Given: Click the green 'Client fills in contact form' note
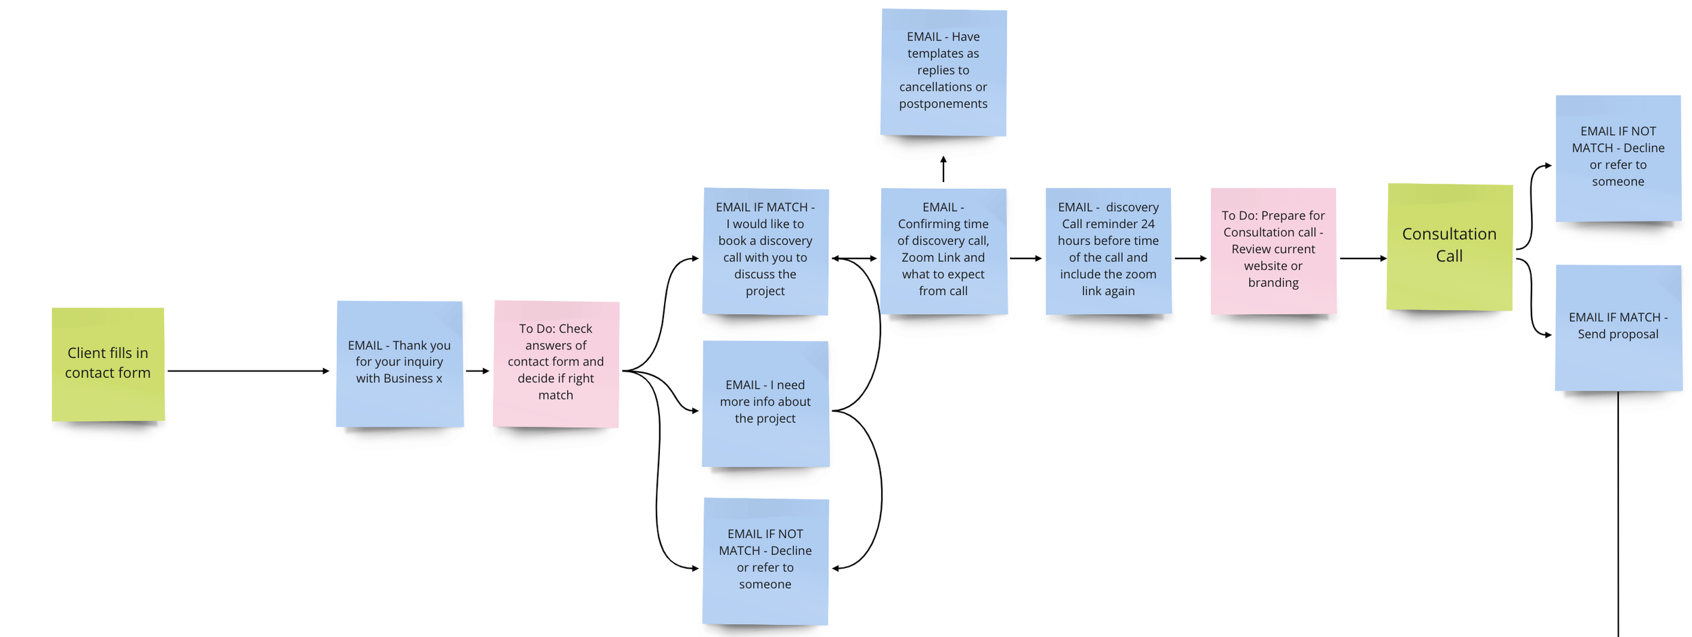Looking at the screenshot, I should click(x=108, y=364).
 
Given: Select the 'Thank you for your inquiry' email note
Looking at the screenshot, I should click(x=399, y=364).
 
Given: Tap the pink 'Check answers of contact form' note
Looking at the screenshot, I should click(x=556, y=364).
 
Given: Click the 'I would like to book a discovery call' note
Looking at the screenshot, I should click(x=765, y=250).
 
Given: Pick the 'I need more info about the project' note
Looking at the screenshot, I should click(x=765, y=403).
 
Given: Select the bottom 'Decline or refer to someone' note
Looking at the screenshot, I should click(x=765, y=561).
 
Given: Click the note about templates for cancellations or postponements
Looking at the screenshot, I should click(x=943, y=72).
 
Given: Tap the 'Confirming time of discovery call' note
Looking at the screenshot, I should click(x=943, y=250).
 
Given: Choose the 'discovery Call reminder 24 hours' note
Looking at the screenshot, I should click(x=1108, y=250).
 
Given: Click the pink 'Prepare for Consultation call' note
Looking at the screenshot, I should click(x=1273, y=250).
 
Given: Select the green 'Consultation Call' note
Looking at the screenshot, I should click(x=1449, y=246).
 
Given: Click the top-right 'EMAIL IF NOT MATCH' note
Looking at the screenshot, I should click(x=1618, y=158).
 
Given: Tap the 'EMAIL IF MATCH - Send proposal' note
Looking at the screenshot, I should click(x=1618, y=327).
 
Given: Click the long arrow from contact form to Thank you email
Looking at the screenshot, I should click(x=247, y=371).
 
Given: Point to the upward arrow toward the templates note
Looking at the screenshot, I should click(x=943, y=169).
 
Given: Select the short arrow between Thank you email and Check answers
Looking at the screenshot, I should click(x=477, y=371).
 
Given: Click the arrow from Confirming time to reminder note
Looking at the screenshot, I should click(x=1025, y=259).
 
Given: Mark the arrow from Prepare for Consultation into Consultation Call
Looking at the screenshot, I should click(x=1362, y=259).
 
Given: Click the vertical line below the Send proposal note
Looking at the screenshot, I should click(x=1618, y=514).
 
